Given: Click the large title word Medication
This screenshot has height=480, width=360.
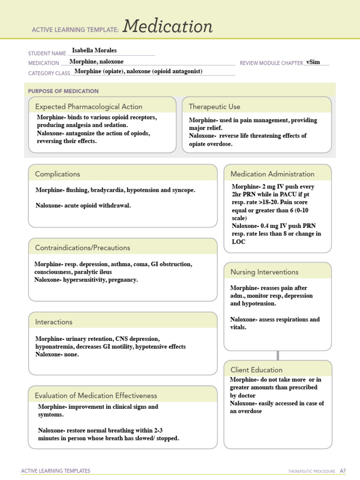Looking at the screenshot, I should coord(168,27).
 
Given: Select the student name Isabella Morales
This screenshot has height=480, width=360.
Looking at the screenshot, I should coord(94,50).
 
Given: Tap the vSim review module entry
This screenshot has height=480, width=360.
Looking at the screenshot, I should coord(313,62).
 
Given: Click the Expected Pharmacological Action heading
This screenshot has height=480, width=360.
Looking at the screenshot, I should coord(89,106).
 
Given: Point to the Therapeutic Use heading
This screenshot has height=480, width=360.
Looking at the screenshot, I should coord(214,106).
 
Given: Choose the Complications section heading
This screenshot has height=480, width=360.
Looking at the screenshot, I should coord(58,174).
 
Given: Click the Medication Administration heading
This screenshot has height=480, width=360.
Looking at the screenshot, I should coord(272,174).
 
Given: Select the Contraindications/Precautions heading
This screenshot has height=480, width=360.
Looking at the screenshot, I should coord(82,247).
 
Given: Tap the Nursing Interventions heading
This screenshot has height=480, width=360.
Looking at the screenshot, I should coord(264,272).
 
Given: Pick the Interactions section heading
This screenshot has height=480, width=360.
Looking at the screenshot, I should coord(54,322).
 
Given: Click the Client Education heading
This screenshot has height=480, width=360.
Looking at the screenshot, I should coord(256,370).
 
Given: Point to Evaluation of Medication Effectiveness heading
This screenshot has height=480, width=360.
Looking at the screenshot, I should coord(96,396).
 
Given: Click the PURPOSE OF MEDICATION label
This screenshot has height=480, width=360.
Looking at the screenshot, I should coord(63,91).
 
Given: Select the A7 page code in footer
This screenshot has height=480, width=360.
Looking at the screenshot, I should coord(343,471).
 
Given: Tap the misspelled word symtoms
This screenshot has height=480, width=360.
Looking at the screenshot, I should coord(51,415).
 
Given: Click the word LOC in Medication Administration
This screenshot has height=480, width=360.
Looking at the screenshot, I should coord(239,242).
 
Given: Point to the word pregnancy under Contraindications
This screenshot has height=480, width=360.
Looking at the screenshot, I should coord(123,280).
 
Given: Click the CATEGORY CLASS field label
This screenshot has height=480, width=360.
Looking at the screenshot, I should coord(49,73).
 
